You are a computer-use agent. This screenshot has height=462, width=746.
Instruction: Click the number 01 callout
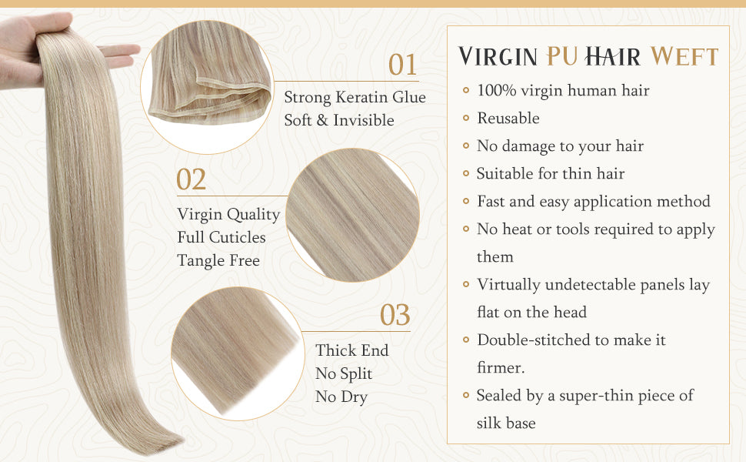point(402,65)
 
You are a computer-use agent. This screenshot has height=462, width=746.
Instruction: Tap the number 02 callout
point(191,179)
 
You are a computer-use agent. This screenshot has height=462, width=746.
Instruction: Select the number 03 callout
point(395,315)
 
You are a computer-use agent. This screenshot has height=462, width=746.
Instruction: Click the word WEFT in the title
point(684,57)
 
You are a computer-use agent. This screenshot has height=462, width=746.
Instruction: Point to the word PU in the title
point(562,56)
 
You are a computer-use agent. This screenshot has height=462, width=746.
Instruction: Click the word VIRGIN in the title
point(498,57)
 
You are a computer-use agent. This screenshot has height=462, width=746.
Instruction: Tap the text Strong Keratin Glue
point(355,97)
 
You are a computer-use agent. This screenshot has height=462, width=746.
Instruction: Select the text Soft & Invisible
point(339,120)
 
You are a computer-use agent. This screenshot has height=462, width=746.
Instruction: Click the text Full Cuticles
point(221,237)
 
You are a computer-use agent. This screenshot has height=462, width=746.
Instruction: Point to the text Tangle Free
point(218,260)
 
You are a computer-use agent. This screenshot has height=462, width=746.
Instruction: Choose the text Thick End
point(352,350)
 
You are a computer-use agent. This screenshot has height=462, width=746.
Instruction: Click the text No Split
point(344,373)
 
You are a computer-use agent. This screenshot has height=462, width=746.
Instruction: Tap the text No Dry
point(341,397)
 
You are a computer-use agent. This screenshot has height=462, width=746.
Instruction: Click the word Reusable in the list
point(508,118)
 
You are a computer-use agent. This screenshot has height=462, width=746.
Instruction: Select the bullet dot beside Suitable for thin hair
point(466,174)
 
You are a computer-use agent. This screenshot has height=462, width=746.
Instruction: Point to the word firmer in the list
point(501,368)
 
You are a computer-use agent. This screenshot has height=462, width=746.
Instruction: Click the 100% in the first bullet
point(497,91)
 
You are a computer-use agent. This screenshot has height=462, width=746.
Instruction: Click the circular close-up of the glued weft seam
point(208,87)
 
